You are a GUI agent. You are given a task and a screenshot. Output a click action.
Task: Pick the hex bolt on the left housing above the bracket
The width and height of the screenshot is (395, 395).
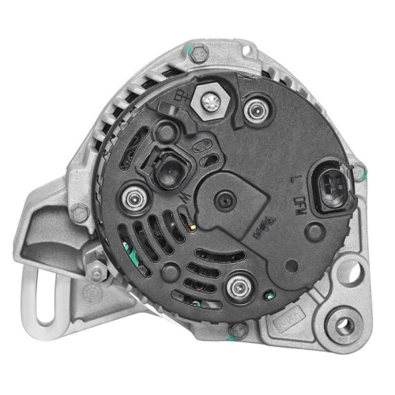click(77, 211)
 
